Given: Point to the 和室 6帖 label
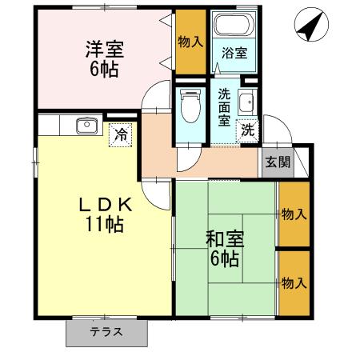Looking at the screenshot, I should coord(225,249).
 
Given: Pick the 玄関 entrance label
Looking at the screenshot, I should coord(278,162).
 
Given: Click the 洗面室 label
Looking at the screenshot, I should coord(226,108).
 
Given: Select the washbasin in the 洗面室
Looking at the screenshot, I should coord(248,102).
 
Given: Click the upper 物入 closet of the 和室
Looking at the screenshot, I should coord(293,214).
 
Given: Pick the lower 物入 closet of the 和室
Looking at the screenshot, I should coord(293,282).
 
